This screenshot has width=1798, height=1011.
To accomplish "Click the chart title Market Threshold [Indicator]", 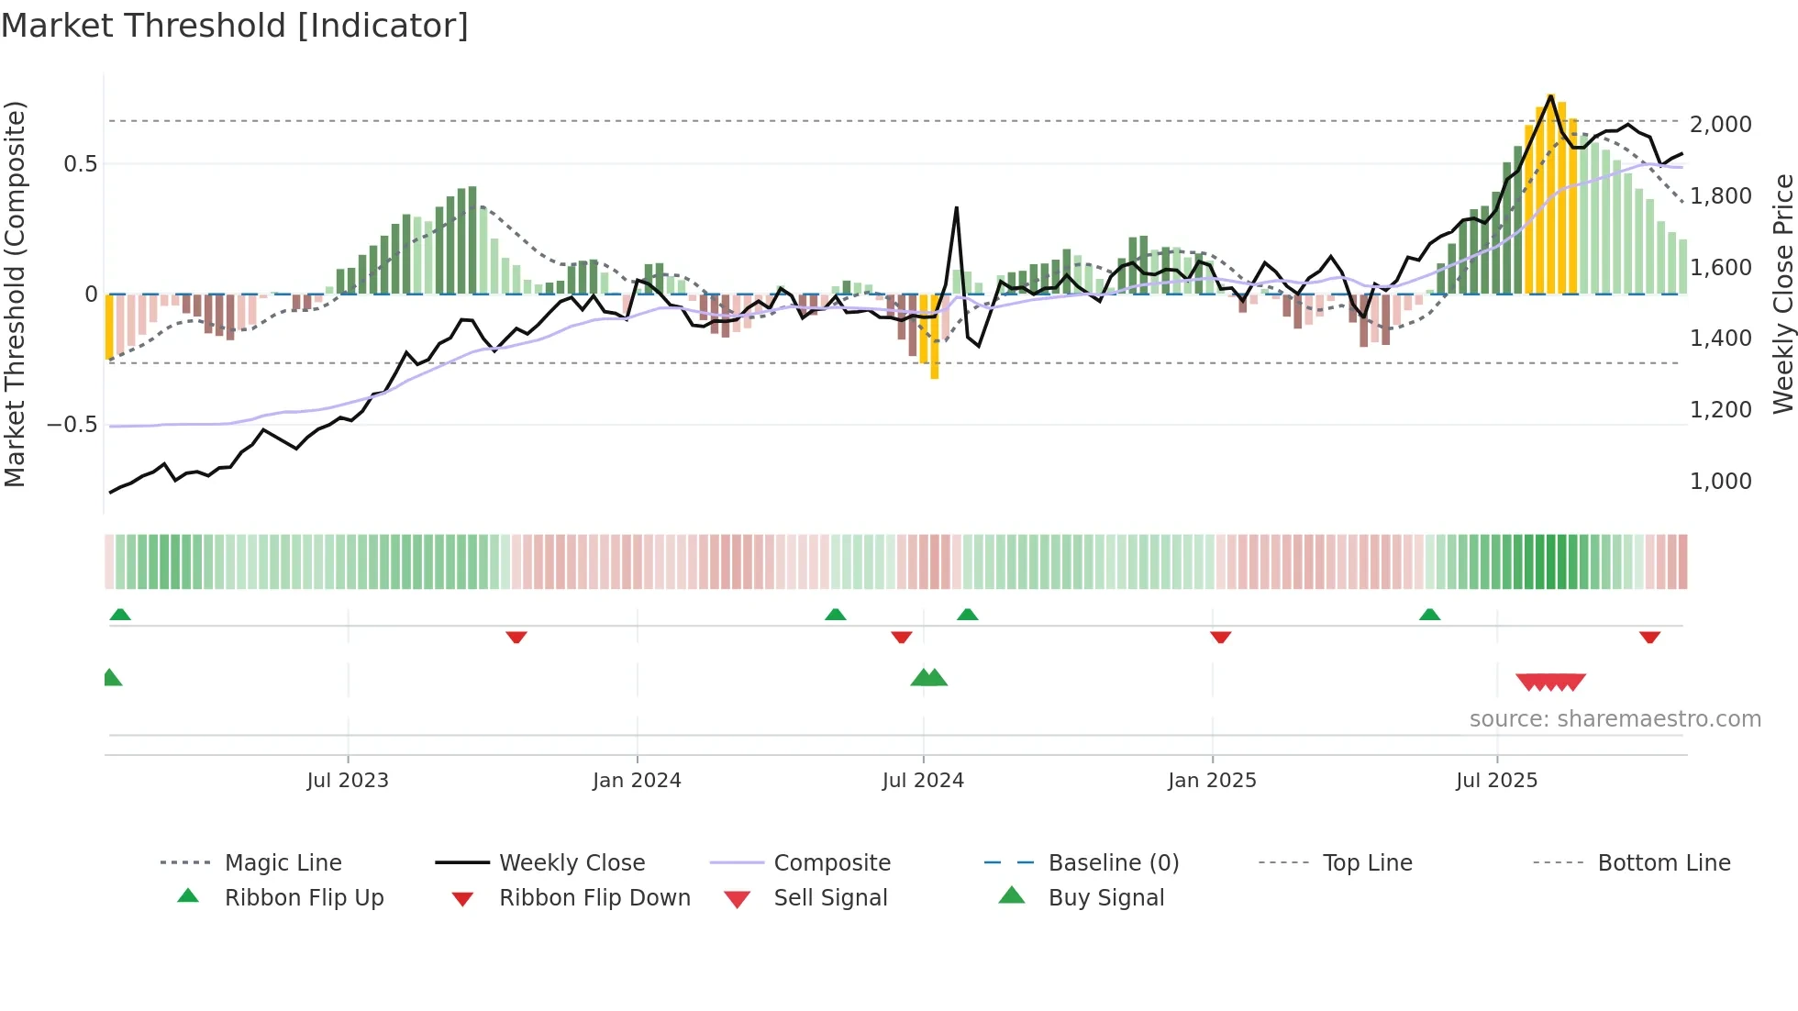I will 235,26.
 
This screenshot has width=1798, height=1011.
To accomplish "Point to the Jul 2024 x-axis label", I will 923,781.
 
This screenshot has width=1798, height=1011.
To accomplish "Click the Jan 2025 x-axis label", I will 1212,781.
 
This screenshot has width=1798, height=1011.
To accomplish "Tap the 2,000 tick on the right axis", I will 1720,125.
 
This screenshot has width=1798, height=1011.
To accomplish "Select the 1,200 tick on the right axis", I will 1720,410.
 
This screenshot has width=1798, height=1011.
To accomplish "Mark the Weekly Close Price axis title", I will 1782,294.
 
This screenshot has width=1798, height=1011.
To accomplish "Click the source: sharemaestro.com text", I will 1615,719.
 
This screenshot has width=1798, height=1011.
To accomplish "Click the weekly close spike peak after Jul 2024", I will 957,208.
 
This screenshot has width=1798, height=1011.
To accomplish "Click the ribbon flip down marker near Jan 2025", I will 1220,637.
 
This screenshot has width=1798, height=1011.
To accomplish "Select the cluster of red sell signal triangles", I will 1550,682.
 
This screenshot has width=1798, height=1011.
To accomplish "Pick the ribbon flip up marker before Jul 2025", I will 1429,615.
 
